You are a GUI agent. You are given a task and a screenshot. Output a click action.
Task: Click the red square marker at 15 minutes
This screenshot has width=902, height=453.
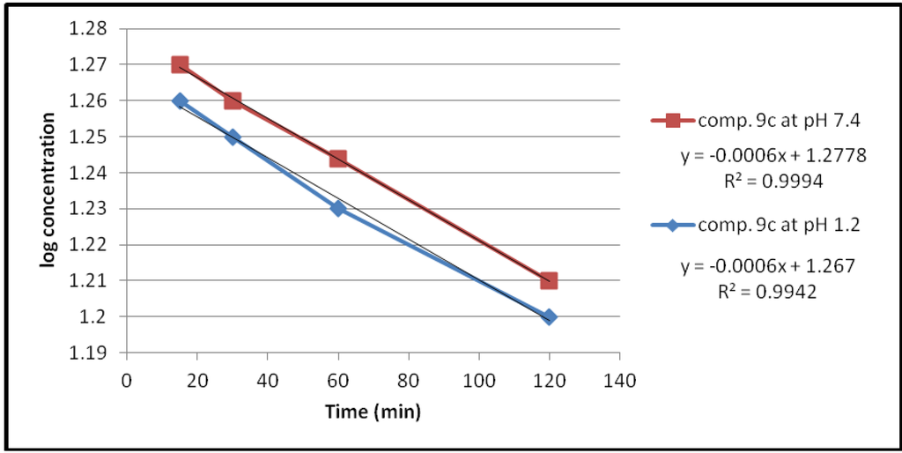coord(180,64)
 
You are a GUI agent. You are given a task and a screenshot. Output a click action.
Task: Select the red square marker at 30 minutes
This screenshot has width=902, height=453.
coord(233,100)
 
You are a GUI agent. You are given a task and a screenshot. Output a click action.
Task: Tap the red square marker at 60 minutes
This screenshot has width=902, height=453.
coord(337,159)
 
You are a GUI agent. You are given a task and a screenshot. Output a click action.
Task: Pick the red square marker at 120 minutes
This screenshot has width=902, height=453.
coord(549,280)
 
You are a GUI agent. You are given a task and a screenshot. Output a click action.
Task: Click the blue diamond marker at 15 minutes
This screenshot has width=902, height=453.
coord(180,100)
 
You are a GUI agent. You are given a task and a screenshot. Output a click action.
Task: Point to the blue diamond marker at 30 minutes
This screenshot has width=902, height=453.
coord(233,137)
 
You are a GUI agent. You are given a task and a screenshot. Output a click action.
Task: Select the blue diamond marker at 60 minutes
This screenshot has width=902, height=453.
coord(337,208)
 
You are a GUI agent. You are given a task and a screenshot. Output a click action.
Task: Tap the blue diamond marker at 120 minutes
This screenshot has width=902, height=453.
coord(549,316)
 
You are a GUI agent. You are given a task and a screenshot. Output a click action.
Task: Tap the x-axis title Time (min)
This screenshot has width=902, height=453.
coord(373,412)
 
